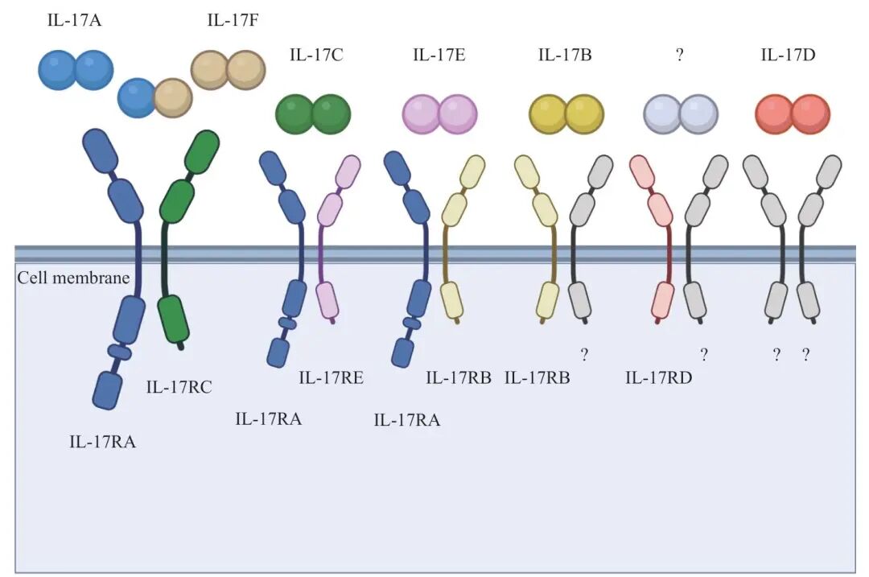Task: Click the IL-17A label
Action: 74,20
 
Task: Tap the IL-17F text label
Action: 233,20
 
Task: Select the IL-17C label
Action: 316,55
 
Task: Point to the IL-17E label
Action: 439,55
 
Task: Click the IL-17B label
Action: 565,55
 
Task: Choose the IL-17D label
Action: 788,55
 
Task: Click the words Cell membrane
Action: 73,278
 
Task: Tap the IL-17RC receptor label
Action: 179,387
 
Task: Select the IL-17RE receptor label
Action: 332,378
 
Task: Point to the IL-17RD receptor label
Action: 659,378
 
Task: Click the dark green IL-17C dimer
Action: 313,114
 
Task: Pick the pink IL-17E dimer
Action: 439,114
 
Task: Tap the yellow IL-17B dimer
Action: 566,114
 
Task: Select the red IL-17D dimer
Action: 793,114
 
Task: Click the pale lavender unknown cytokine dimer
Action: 681,114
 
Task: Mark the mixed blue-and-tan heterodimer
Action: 155,97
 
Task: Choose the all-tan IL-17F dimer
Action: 229,70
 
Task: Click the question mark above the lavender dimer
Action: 679,55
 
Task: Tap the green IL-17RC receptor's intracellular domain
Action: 173,319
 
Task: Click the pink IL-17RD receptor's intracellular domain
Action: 662,300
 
